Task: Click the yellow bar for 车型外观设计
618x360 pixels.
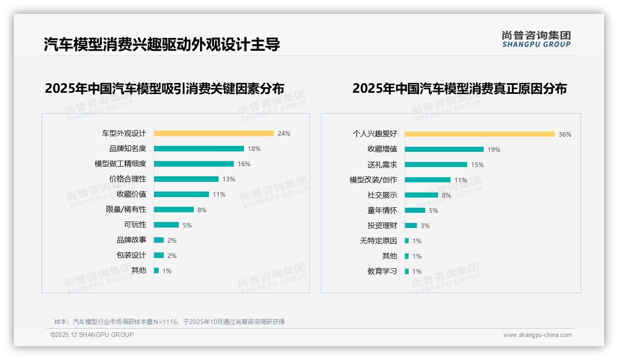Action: tap(214, 133)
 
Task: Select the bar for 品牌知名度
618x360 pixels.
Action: tap(199, 149)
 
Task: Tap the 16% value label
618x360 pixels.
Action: tap(244, 164)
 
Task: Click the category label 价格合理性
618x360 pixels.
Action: tap(127, 179)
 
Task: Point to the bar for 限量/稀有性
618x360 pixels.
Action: tap(174, 210)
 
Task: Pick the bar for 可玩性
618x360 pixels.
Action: tap(166, 225)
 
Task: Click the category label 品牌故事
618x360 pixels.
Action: tap(131, 240)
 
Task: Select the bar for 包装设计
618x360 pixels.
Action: tap(159, 255)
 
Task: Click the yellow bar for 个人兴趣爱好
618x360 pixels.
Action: tap(480, 134)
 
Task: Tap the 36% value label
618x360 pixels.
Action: tap(565, 134)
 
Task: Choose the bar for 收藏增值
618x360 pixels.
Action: tap(444, 150)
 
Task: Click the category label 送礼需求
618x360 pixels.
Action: tap(382, 165)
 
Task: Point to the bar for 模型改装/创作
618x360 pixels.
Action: tap(428, 180)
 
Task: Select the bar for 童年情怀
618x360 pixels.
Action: tap(415, 210)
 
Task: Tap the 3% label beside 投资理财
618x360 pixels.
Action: tap(425, 226)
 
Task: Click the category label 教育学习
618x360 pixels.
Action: tap(382, 271)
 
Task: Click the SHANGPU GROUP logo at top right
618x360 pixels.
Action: tap(536, 39)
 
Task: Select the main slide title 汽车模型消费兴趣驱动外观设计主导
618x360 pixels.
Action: tap(162, 45)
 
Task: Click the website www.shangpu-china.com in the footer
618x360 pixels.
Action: tap(537, 335)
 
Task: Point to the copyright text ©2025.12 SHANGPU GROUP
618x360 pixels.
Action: tap(92, 335)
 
